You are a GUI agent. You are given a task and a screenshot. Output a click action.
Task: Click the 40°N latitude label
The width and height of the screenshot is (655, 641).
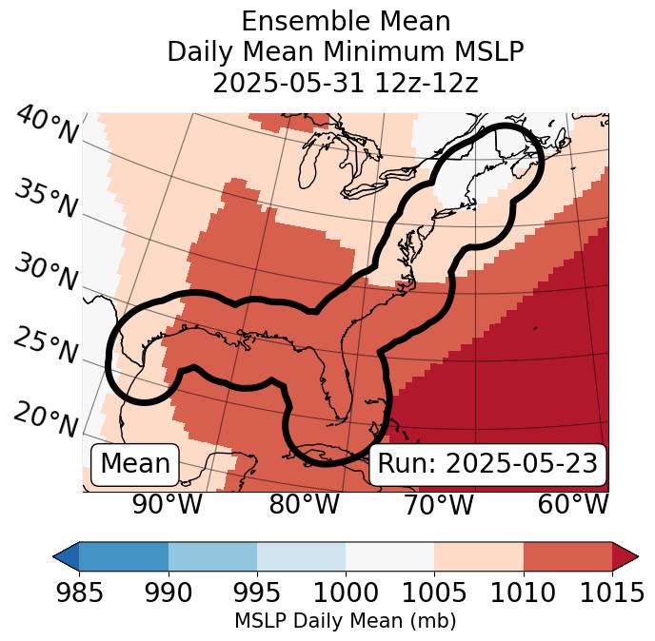(x=47, y=126)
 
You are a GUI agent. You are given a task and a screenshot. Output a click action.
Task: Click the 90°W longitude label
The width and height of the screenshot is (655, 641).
(x=168, y=505)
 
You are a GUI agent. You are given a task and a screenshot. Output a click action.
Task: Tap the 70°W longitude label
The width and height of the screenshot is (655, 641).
(x=439, y=505)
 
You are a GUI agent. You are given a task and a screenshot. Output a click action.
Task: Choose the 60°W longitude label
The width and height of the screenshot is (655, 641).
(x=573, y=505)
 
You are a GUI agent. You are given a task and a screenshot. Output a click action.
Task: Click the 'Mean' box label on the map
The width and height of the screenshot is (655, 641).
(x=135, y=464)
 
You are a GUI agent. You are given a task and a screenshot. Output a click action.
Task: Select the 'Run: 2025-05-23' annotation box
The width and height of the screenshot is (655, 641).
(x=487, y=464)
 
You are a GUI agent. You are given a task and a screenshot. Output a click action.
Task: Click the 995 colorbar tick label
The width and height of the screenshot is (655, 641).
(x=257, y=592)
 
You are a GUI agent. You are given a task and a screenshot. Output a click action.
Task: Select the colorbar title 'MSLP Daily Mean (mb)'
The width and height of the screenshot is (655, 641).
(x=346, y=621)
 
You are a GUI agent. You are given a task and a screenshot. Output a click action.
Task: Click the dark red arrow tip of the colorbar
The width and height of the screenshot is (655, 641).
(x=626, y=555)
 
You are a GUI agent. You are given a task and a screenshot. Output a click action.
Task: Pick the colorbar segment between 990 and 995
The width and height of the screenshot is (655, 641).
(x=212, y=555)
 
